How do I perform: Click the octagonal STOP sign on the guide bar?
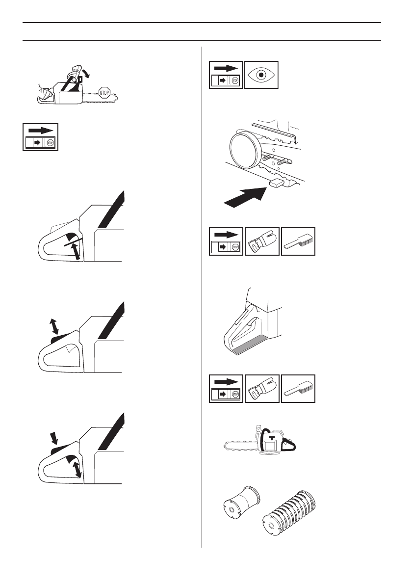(x=104, y=92)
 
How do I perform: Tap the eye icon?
(x=261, y=75)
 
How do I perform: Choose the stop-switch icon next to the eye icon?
(x=226, y=75)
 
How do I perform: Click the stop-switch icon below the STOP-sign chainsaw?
(x=40, y=137)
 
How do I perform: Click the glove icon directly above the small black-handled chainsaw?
(x=262, y=389)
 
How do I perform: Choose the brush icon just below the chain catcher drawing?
(x=298, y=241)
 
